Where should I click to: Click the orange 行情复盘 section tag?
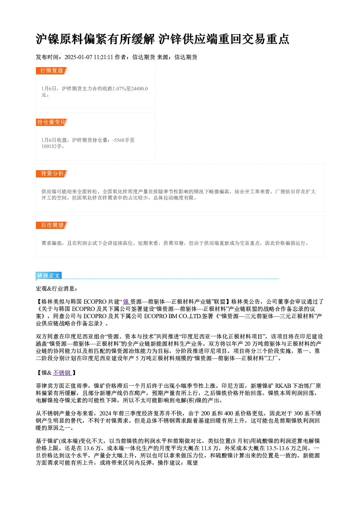pyautogui.click(x=52, y=71)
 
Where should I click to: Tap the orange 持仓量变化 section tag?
pyautogui.click(x=52, y=122)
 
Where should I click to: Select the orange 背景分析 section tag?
pyautogui.click(x=52, y=174)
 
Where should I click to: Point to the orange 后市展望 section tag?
pyautogui.click(x=52, y=225)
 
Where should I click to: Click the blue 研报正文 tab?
pyautogui.click(x=49, y=276)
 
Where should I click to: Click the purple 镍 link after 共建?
pyautogui.click(x=126, y=302)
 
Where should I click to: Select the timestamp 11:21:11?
pyautogui.click(x=103, y=57)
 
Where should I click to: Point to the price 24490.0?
pyautogui.click(x=140, y=89)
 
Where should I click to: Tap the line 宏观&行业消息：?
pyautogui.click(x=57, y=288)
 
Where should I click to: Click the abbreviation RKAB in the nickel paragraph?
pyautogui.click(x=283, y=386)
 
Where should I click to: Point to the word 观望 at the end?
pyautogui.click(x=192, y=463)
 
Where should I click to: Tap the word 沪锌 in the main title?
pyautogui.click(x=170, y=39)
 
